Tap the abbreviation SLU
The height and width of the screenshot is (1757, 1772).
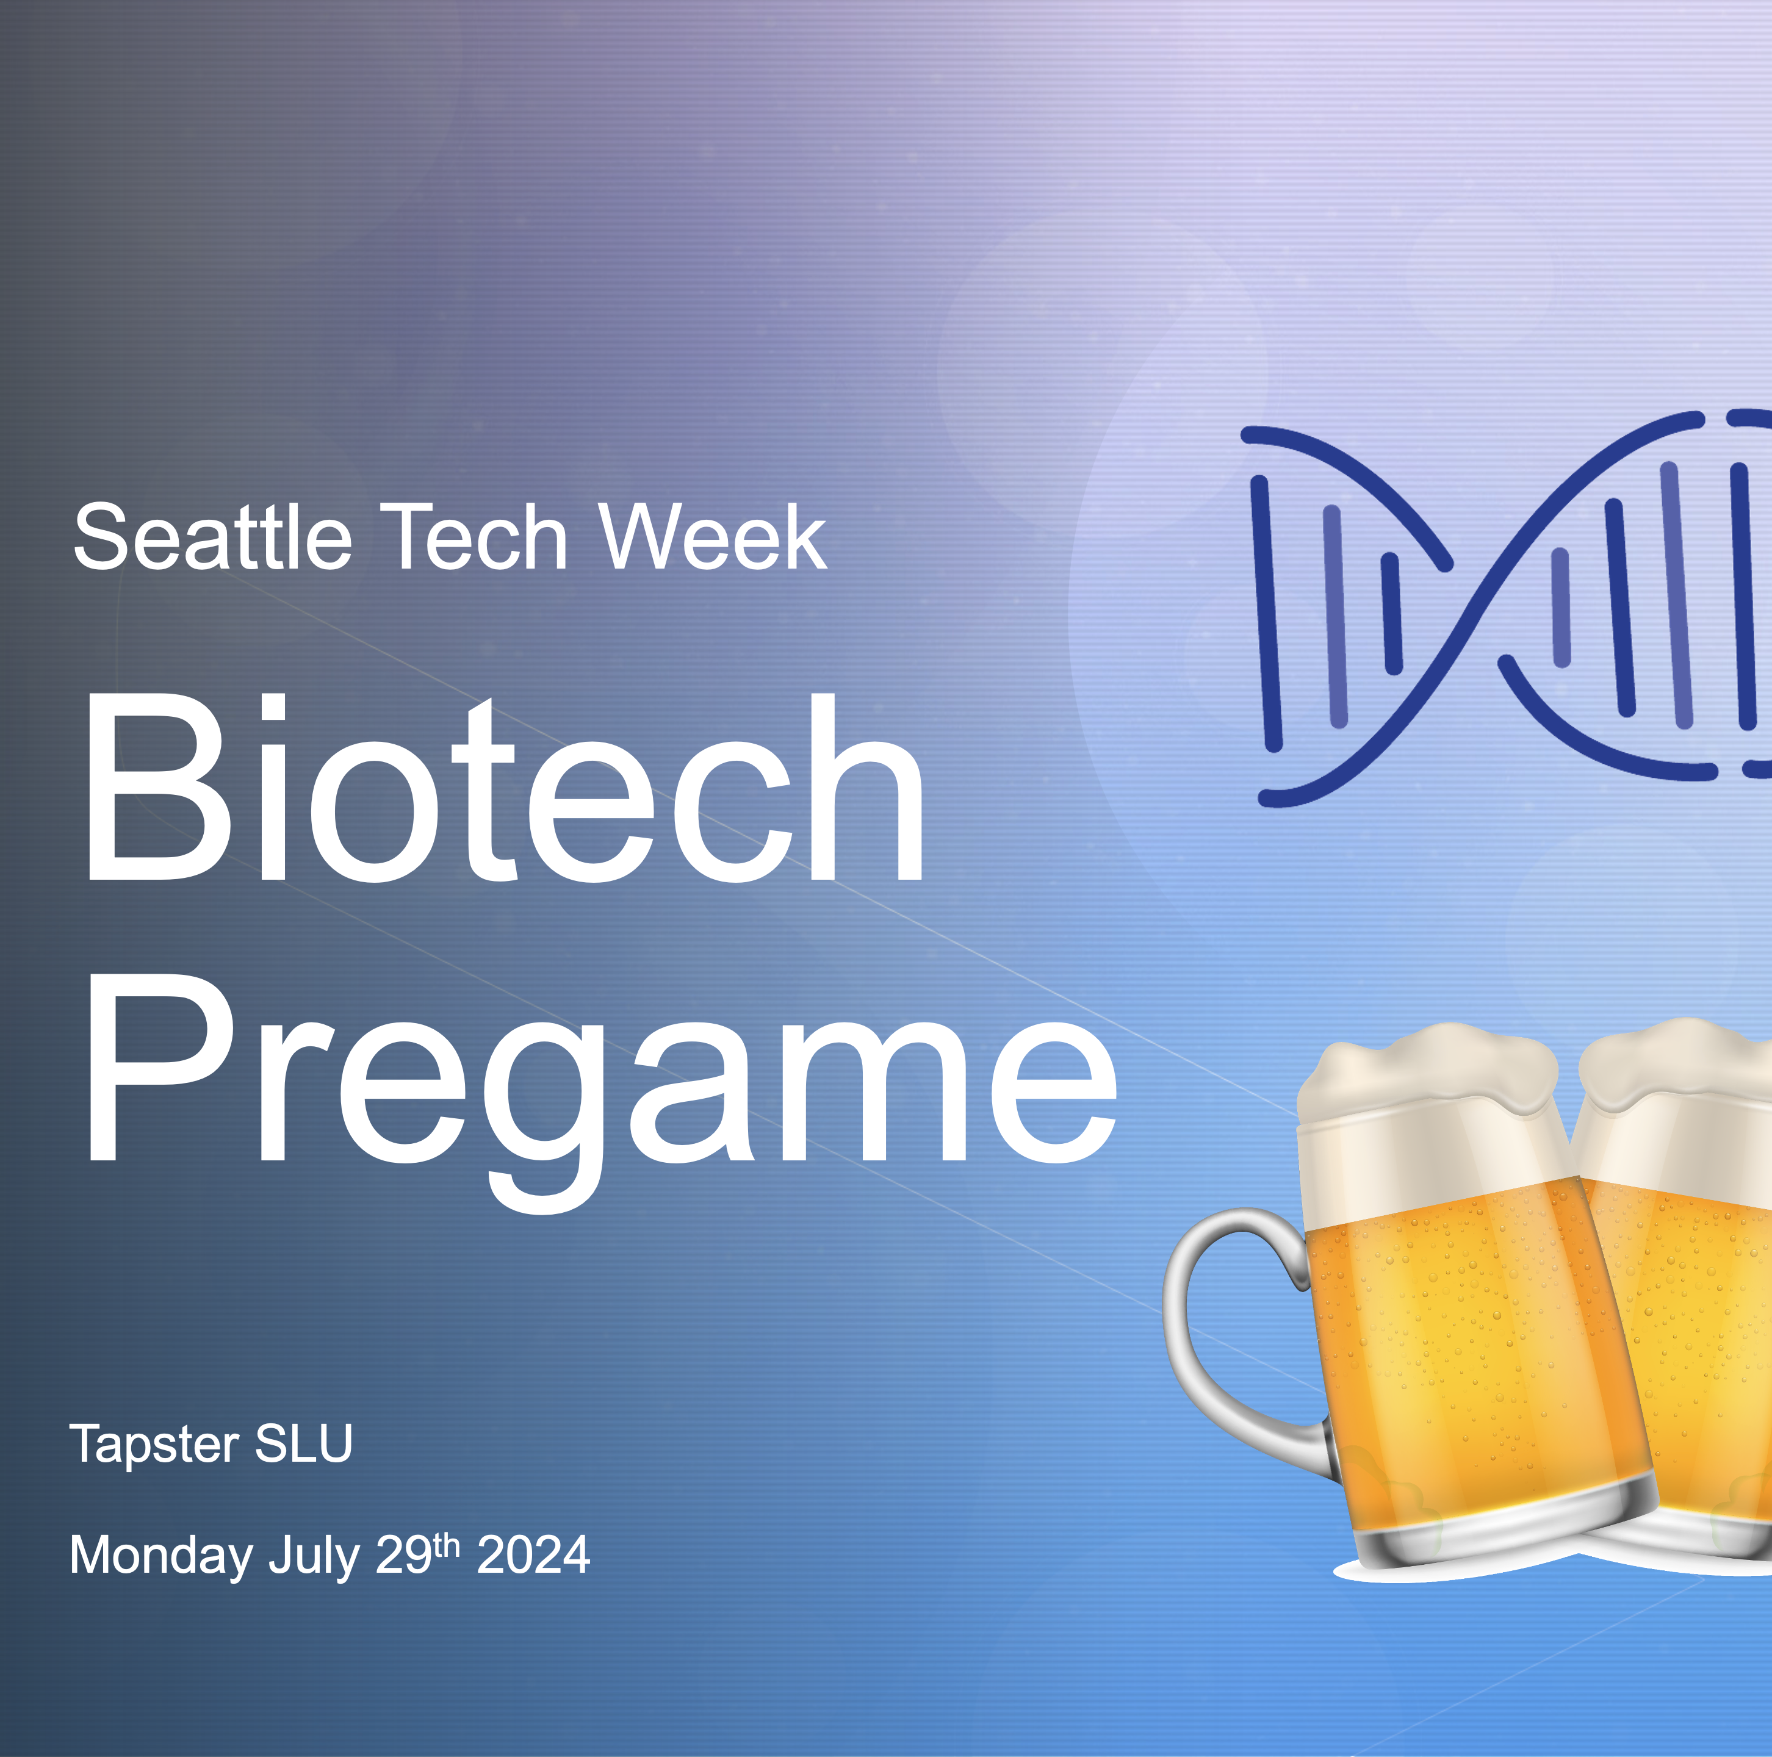[304, 1444]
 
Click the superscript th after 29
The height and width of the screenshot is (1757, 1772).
[446, 1545]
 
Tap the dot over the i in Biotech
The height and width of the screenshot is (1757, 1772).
[274, 708]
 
